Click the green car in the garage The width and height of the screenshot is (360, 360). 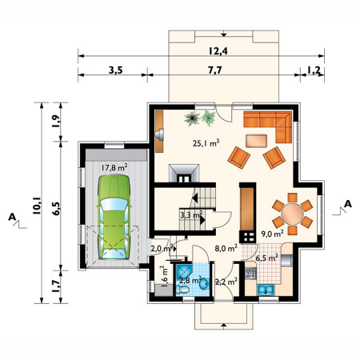click(114, 217)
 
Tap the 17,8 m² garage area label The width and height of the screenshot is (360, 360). click(114, 167)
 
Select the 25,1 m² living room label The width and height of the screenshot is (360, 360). click(206, 143)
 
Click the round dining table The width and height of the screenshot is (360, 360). click(293, 214)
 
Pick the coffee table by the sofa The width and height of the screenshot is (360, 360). click(256, 141)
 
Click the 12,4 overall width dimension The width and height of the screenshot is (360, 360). click(218, 51)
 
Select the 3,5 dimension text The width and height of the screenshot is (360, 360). click(115, 70)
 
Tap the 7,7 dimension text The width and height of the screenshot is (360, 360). click(215, 70)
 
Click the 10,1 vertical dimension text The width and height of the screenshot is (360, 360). click(37, 206)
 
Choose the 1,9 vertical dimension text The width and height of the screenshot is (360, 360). click(56, 122)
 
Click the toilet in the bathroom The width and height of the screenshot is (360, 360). click(182, 289)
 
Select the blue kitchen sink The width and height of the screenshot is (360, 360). click(266, 290)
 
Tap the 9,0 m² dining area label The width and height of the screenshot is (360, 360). click(272, 234)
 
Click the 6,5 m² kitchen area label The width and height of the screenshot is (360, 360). click(267, 258)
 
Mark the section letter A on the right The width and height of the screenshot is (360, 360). click(348, 204)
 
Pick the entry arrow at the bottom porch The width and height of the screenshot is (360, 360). click(224, 326)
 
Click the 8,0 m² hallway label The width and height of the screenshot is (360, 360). click(226, 249)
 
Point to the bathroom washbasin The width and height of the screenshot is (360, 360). click(205, 284)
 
